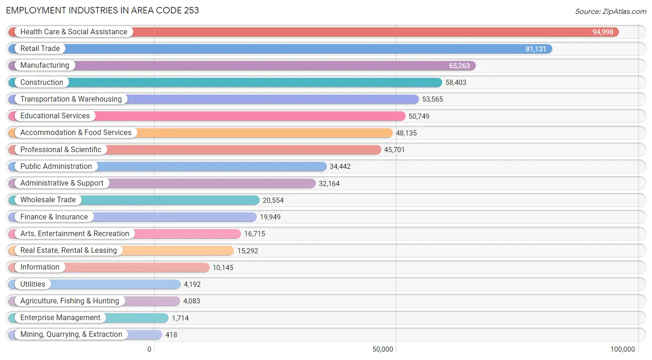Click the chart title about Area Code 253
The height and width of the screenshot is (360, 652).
pyautogui.click(x=102, y=11)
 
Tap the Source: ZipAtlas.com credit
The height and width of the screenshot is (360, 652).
pyautogui.click(x=610, y=11)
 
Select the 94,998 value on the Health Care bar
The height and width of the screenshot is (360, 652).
pyautogui.click(x=602, y=32)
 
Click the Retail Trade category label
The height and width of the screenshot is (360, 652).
pyautogui.click(x=40, y=48)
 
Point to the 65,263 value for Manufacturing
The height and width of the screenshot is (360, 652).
pyautogui.click(x=459, y=66)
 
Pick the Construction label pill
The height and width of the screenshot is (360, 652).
pyautogui.click(x=42, y=82)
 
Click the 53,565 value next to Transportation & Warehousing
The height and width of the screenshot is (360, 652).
pyautogui.click(x=433, y=99)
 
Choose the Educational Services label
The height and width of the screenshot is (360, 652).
pyautogui.click(x=55, y=116)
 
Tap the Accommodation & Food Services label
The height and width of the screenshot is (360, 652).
pyautogui.click(x=76, y=133)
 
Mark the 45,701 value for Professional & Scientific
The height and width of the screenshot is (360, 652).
pyautogui.click(x=395, y=150)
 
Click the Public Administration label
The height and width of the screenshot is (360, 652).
pyautogui.click(x=56, y=166)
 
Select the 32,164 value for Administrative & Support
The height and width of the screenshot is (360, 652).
pyautogui.click(x=329, y=184)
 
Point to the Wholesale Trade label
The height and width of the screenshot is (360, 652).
pyautogui.click(x=48, y=200)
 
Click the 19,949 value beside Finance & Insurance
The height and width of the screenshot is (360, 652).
pyautogui.click(x=270, y=217)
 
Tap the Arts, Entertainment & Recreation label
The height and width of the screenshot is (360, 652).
pyautogui.click(x=75, y=234)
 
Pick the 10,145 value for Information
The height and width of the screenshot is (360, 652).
pyautogui.click(x=223, y=267)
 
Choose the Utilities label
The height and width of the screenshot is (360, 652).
pyautogui.click(x=32, y=284)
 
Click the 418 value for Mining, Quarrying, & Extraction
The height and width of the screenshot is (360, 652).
pyautogui.click(x=171, y=335)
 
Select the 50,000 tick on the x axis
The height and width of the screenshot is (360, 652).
pyautogui.click(x=383, y=349)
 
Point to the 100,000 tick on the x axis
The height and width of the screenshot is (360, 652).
pyautogui.click(x=622, y=349)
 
